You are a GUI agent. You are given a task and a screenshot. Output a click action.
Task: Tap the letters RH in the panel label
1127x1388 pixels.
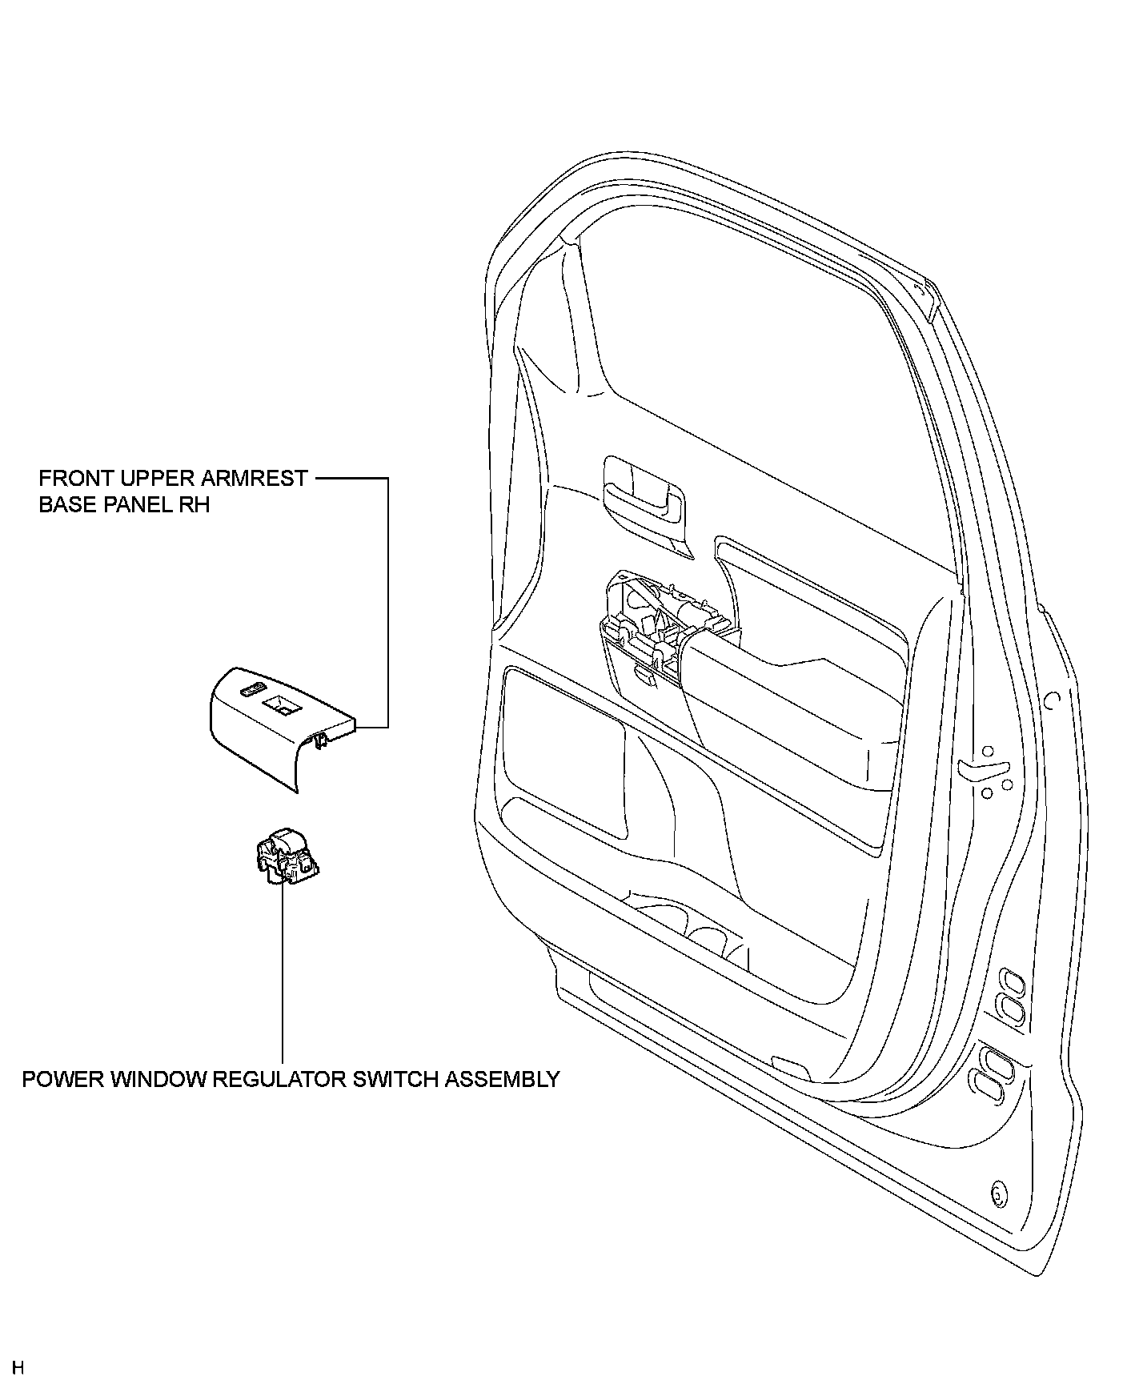click(x=195, y=505)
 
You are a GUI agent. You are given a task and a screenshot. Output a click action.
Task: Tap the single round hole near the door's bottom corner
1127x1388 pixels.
click(x=997, y=1194)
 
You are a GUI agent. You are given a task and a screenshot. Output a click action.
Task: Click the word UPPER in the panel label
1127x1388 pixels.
click(x=150, y=479)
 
